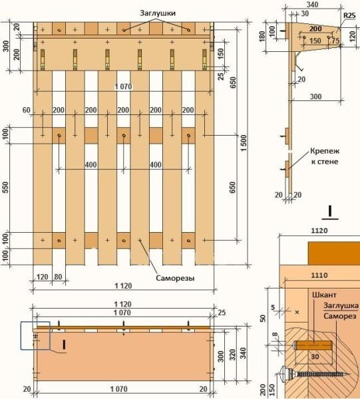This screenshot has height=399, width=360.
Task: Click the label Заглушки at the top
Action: click(x=158, y=13)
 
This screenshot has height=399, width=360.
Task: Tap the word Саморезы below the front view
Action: click(x=175, y=278)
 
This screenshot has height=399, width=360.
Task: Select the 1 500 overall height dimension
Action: click(x=244, y=143)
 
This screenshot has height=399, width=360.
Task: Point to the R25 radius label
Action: click(x=349, y=15)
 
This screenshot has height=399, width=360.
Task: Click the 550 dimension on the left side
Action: click(x=5, y=187)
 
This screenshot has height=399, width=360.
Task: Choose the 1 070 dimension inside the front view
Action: click(x=123, y=86)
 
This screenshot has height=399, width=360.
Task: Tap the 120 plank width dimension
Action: click(x=43, y=277)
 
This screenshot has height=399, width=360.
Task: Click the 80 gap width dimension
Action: click(x=59, y=277)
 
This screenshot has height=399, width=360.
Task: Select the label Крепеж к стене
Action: click(x=325, y=156)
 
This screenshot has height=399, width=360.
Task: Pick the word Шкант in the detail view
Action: click(x=324, y=295)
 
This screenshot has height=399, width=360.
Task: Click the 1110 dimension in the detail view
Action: click(x=319, y=275)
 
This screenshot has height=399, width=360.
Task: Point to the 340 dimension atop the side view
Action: click(x=312, y=5)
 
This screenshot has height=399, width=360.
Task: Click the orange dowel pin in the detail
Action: click(x=313, y=346)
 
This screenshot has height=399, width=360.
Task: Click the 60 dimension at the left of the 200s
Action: click(x=27, y=110)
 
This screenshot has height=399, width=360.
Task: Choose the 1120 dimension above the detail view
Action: click(x=319, y=231)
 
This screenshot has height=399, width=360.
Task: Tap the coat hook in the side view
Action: click(x=297, y=61)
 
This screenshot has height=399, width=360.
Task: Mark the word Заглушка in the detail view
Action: click(x=341, y=306)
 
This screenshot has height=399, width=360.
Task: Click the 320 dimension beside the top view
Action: click(x=232, y=355)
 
